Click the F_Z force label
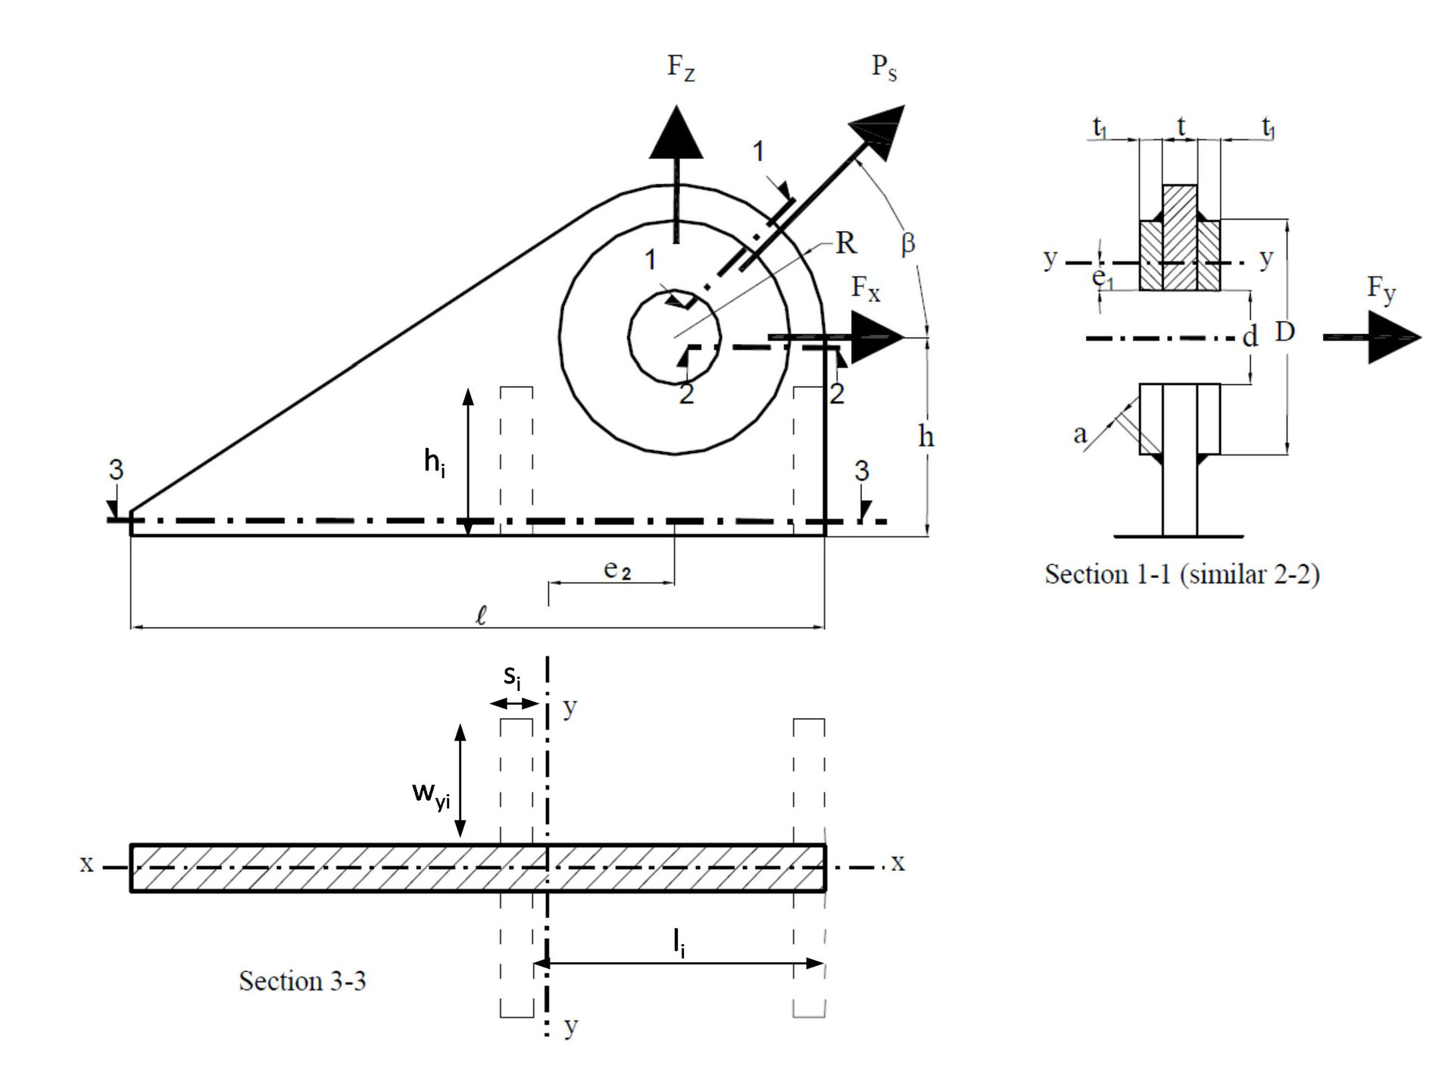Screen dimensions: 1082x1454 coord(681,67)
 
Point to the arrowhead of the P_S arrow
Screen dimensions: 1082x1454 coord(878,133)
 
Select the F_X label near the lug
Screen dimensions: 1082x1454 coord(866,289)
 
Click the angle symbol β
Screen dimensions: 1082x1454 coord(908,243)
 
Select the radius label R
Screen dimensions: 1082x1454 coord(845,243)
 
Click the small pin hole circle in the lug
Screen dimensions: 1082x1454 coord(675,334)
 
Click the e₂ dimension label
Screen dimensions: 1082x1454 coord(617,570)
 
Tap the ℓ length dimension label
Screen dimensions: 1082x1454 coord(480,615)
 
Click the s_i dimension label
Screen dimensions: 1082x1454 coord(513,677)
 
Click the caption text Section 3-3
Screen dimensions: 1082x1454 coord(302,981)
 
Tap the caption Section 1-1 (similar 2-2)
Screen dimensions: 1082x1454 coord(1181,574)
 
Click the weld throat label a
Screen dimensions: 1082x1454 coord(1080,434)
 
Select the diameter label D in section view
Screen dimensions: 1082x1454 coord(1284,331)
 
